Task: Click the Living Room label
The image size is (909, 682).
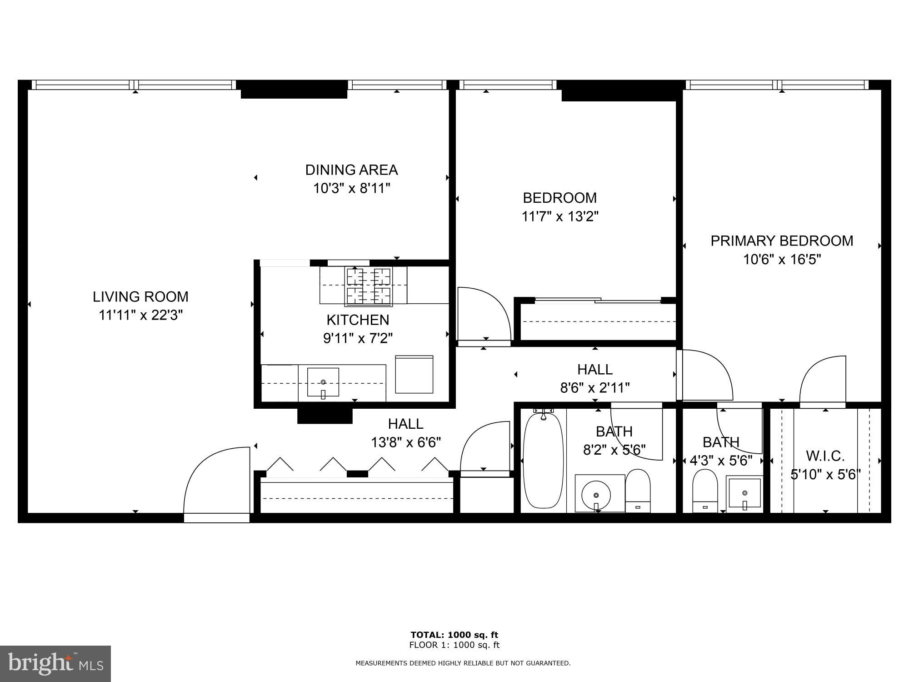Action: coord(140,296)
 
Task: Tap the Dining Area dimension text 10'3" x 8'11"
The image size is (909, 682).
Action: coord(351,188)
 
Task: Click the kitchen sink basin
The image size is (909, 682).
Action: coord(323,382)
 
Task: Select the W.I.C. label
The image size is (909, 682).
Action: coord(825,456)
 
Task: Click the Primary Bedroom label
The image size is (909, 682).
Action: coord(782,241)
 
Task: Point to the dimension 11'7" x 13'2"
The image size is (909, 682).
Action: coord(559,216)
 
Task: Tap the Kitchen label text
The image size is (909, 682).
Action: coord(358,320)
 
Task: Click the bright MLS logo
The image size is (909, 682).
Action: coord(55,663)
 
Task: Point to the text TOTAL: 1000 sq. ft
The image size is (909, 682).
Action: coord(454,635)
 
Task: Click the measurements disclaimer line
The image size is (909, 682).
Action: coord(463,663)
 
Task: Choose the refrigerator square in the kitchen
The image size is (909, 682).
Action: coord(414,374)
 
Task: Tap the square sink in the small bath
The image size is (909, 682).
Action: coord(744,493)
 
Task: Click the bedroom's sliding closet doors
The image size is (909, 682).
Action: coord(598,300)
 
